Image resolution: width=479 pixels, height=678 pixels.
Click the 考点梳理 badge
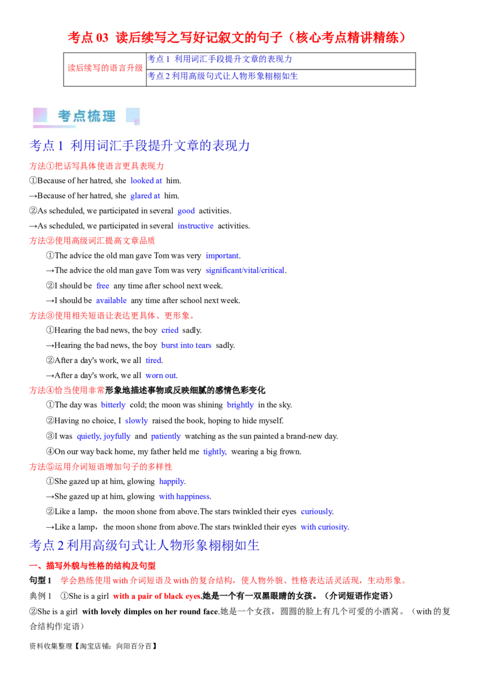[x=88, y=116]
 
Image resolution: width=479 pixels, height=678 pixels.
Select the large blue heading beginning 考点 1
[x=139, y=146]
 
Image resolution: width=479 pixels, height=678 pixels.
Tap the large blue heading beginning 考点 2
[x=144, y=545]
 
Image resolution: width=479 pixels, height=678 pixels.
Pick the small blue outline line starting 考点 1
[x=220, y=59]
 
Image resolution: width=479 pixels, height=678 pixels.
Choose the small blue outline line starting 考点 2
[x=223, y=76]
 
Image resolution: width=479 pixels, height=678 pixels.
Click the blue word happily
[x=171, y=482]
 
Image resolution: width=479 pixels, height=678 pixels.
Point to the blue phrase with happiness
[x=184, y=497]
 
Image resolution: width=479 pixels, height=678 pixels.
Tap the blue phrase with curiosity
[x=323, y=526]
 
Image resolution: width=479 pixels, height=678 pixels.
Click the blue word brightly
[x=240, y=405]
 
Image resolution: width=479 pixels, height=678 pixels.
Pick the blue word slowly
[x=137, y=421]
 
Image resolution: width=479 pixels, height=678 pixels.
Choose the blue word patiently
[x=165, y=437]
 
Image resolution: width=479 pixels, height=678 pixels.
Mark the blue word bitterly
[x=113, y=405]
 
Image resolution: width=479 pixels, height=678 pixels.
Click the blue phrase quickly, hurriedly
[x=104, y=437]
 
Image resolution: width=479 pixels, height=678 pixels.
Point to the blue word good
[x=186, y=211]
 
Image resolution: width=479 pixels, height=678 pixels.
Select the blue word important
[x=222, y=255]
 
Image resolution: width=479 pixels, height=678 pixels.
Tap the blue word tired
[x=153, y=360]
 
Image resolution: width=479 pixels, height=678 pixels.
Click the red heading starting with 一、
[x=93, y=565]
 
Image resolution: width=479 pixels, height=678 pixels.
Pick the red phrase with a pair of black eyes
[x=156, y=597]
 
